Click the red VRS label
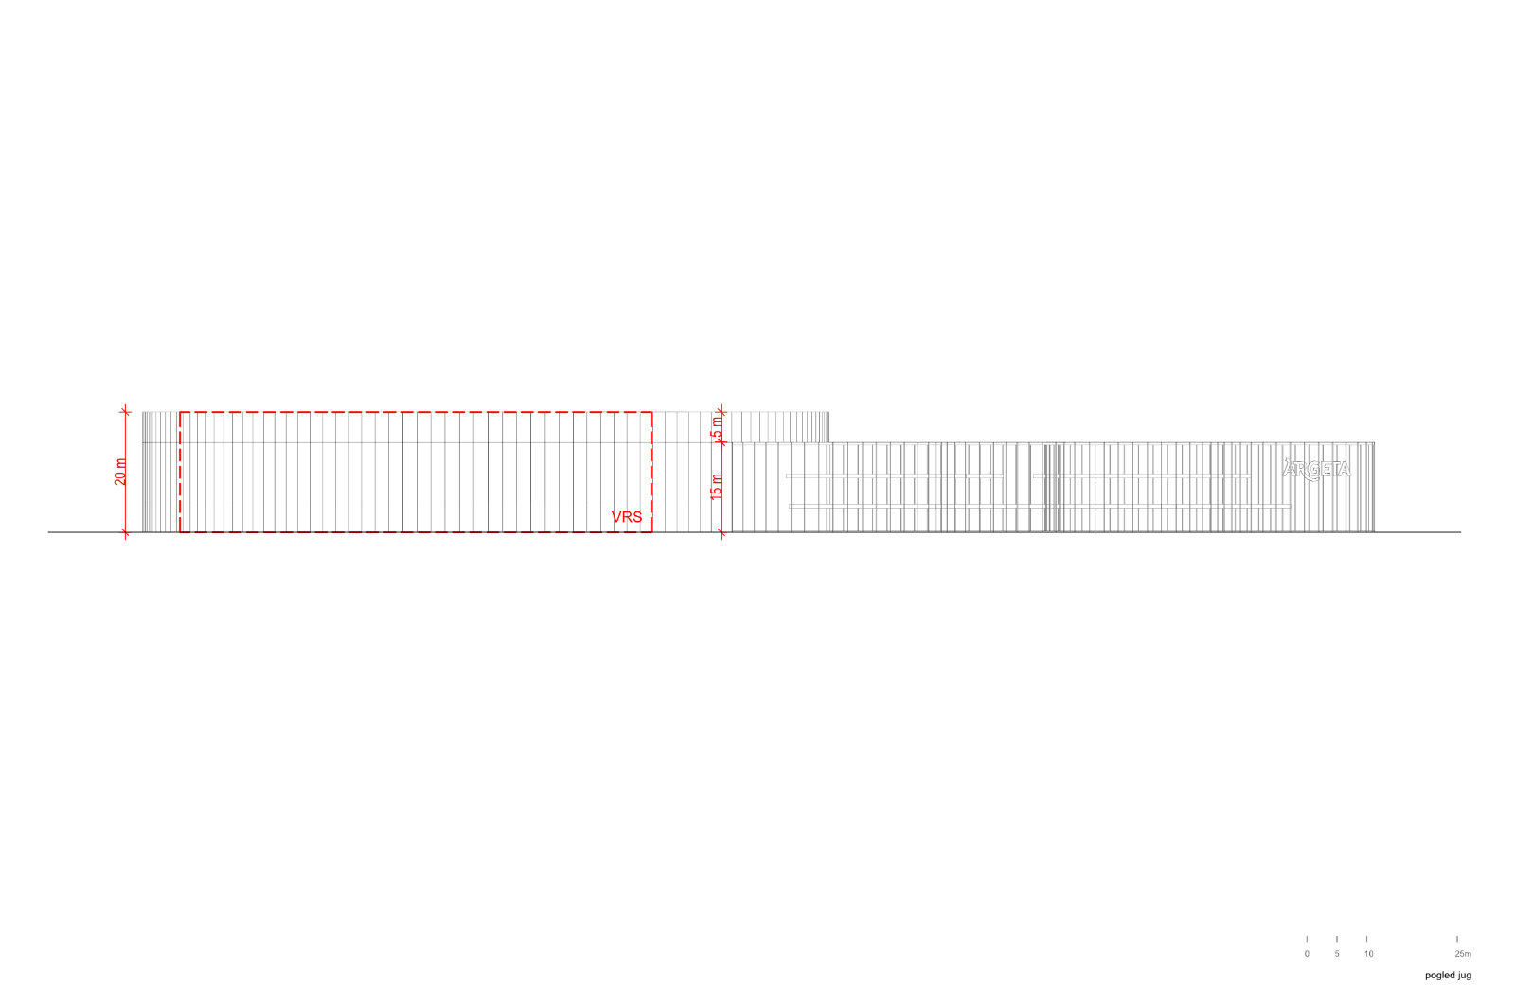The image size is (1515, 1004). [x=626, y=517]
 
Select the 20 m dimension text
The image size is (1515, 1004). [x=120, y=472]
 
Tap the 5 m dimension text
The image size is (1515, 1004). [x=716, y=427]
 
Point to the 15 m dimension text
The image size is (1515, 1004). [x=716, y=487]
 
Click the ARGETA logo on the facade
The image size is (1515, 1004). [x=1316, y=469]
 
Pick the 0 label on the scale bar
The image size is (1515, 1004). [x=1307, y=953]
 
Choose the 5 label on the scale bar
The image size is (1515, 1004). [x=1336, y=953]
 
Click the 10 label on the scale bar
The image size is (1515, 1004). [x=1368, y=953]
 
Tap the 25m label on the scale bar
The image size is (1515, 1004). [x=1463, y=953]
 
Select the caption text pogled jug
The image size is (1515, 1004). [x=1448, y=975]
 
